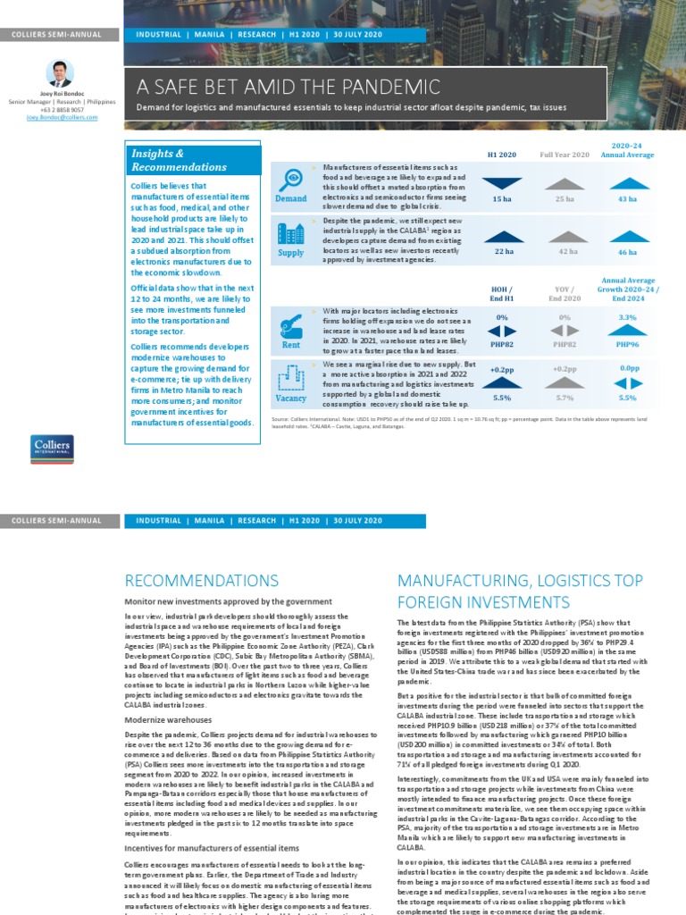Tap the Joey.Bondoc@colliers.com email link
point(62,117)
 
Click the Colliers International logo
point(53,449)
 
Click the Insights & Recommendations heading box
point(194,160)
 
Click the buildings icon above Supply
point(291,234)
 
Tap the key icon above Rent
point(291,325)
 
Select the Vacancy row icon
point(291,379)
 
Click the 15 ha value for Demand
point(502,198)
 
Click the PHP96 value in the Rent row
point(627,343)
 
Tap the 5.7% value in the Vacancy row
point(565,398)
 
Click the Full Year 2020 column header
point(565,155)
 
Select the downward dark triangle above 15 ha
point(502,183)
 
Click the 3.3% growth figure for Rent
point(627,317)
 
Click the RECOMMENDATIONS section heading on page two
point(202,581)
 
